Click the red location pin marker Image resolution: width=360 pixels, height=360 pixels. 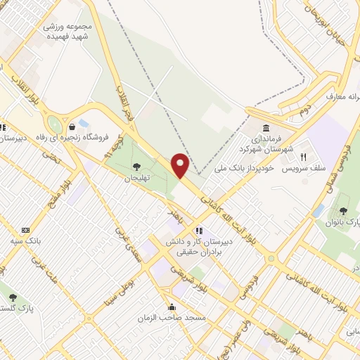point(181,165)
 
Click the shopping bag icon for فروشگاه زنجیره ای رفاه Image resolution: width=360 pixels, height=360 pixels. point(72,126)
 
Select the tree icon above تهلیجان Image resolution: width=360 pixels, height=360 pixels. point(135,167)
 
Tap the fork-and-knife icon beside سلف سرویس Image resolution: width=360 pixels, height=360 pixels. point(304,157)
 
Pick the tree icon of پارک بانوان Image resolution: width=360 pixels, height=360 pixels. point(343,210)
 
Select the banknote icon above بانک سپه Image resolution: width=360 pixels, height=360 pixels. point(26,230)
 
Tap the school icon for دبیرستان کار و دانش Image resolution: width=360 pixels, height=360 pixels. point(199,230)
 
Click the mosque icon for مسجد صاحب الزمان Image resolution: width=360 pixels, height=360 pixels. point(172,307)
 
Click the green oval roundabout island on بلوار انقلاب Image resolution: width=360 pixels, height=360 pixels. point(52,123)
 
